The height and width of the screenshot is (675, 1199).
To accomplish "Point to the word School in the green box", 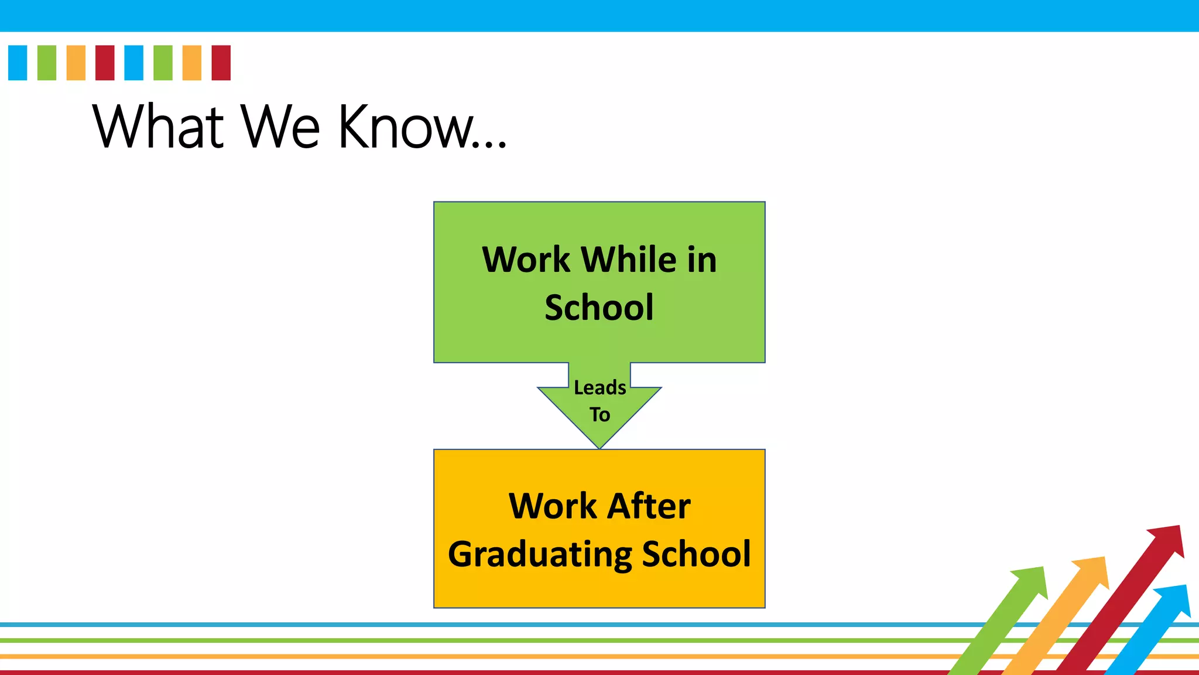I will tap(599, 307).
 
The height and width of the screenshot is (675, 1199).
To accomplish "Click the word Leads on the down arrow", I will tap(599, 387).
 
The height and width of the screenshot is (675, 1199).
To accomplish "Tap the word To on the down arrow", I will tap(599, 415).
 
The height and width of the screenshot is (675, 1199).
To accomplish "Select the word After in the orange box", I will tap(649, 506).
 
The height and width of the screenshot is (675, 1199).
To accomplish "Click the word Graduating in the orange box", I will tap(540, 554).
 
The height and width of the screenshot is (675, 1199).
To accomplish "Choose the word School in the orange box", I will tap(696, 554).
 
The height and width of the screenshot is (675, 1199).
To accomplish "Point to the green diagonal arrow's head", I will tap(1032, 582).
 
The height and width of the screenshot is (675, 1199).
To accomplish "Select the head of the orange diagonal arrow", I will tap(1093, 571).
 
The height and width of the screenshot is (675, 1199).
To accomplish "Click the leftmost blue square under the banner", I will tap(18, 63).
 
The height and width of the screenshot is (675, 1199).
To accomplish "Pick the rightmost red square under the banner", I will tap(221, 63).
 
